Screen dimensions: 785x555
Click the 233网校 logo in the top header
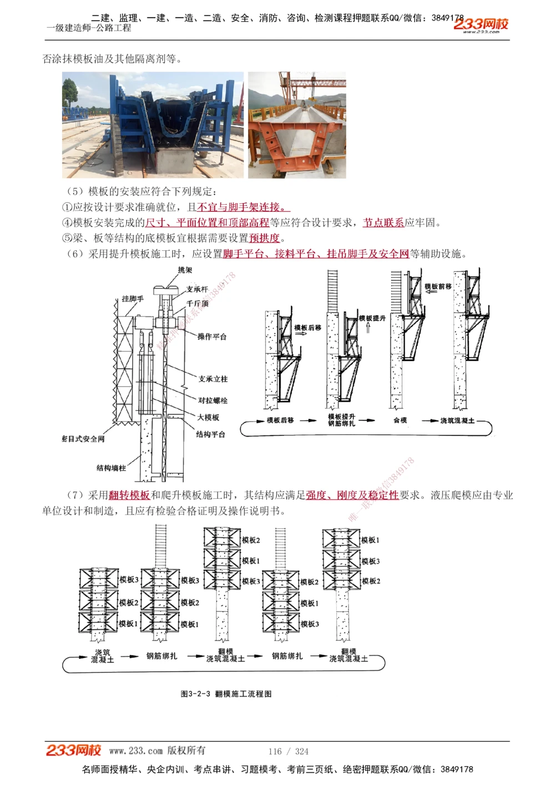pos(481,24)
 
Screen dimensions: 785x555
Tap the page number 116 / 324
pos(288,751)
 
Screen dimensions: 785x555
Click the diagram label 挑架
pos(185,270)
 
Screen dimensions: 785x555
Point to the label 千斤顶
pos(198,303)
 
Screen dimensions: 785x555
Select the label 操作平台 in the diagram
pos(212,336)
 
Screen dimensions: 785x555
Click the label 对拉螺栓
pos(213,400)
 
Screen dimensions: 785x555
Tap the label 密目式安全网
pos(83,439)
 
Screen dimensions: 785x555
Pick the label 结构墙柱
pos(112,468)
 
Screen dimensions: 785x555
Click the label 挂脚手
pos(133,298)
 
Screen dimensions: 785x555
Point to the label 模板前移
pos(438,286)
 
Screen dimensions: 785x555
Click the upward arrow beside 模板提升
pos(367,328)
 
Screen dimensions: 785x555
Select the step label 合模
pos(400,421)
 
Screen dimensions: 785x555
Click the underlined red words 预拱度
pos(264,238)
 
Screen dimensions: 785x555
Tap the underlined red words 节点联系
pos(384,222)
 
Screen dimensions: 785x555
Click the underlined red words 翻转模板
pos(129,495)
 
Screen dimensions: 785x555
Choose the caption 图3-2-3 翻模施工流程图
pos(226,693)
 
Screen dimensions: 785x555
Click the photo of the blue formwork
pos(152,125)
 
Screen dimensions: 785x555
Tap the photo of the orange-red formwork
pos(297,125)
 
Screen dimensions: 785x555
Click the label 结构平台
pos(210,434)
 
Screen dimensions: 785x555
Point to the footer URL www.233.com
pos(136,751)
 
